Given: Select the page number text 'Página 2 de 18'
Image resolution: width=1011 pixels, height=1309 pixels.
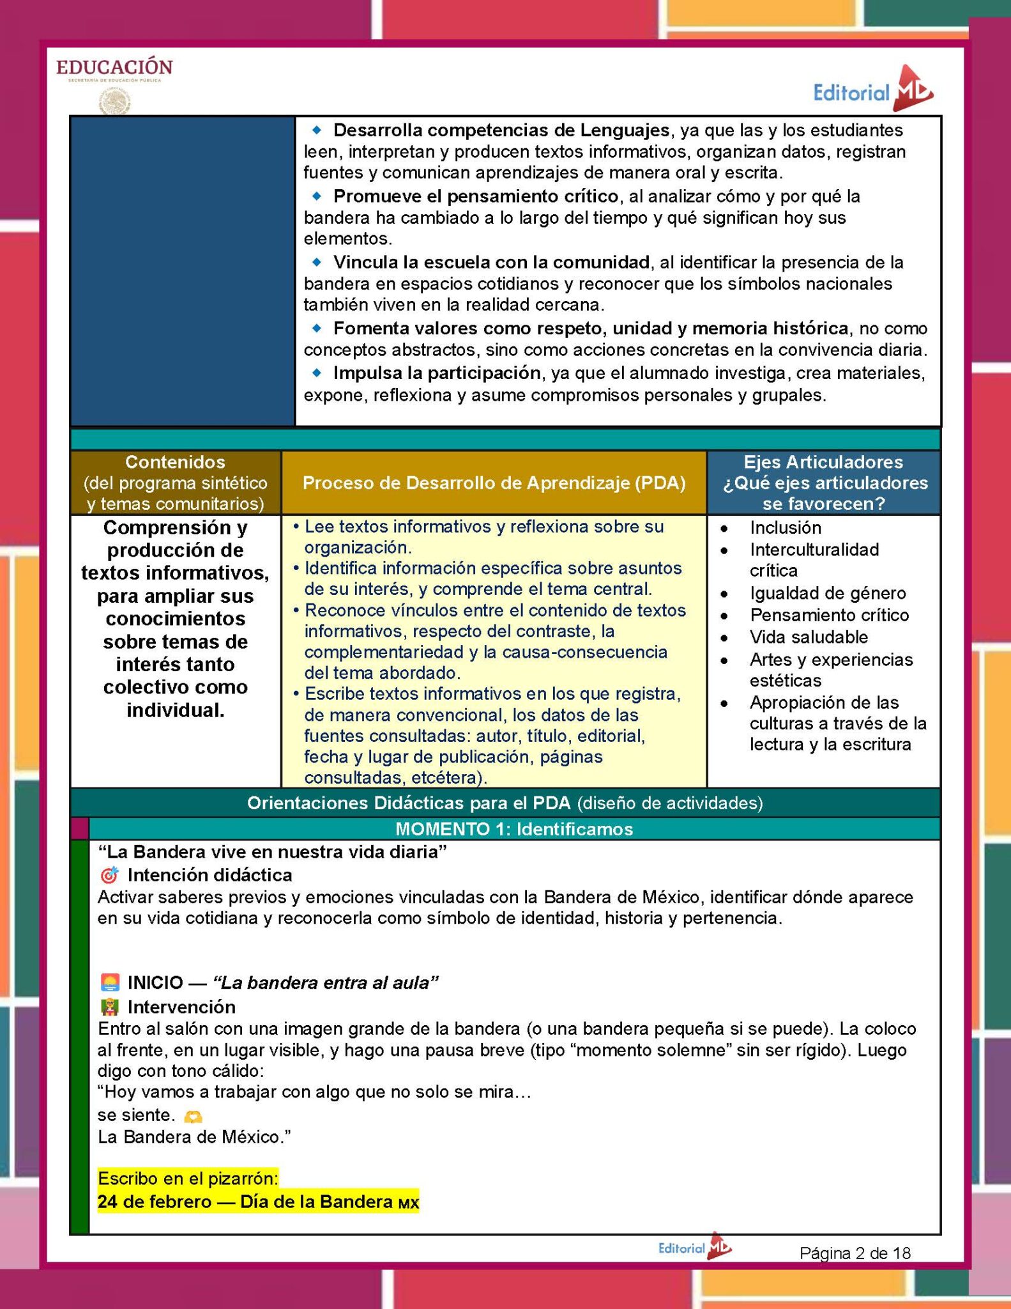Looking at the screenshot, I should click(855, 1253).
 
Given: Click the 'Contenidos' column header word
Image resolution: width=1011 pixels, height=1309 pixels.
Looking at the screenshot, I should click(175, 461).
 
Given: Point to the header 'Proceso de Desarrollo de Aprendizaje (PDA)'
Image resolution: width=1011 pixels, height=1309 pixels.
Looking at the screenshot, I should click(494, 483).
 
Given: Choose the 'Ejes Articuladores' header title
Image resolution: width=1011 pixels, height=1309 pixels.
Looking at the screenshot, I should click(823, 461).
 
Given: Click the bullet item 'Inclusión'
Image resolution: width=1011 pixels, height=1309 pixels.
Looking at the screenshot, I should click(785, 527).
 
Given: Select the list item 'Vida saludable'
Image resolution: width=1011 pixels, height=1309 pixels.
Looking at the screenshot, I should click(809, 637).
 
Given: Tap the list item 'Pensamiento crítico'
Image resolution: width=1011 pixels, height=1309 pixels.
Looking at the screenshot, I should click(829, 615).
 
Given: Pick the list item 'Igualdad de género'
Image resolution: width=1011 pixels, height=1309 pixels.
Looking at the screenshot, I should click(828, 593).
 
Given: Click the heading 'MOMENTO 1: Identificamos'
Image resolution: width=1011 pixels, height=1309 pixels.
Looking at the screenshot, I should click(514, 829).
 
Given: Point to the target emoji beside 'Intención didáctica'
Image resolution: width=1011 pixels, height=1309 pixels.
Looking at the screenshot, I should click(110, 875).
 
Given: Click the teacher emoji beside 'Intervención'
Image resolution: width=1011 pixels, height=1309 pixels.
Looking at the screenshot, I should click(110, 1007).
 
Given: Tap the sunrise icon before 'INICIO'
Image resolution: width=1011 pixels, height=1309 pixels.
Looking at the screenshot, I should click(110, 982).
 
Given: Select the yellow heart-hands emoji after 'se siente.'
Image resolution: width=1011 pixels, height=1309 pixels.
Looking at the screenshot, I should click(193, 1116).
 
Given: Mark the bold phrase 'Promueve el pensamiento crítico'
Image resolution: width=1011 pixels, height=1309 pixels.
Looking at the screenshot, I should click(476, 196).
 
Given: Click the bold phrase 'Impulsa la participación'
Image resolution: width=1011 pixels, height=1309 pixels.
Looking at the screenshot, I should click(437, 373).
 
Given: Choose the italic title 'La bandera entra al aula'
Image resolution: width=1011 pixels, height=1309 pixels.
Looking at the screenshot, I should click(326, 982).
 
